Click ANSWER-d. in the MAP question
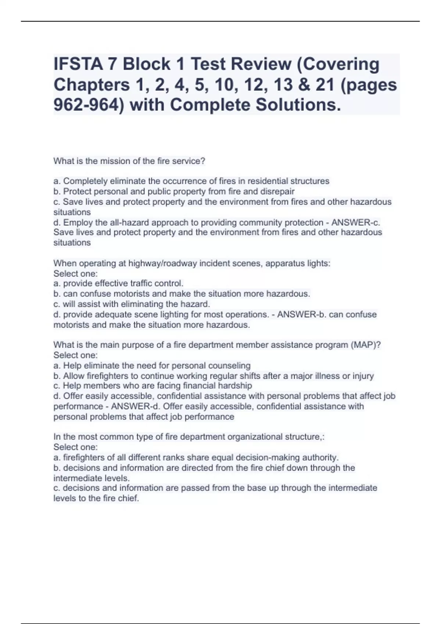pyautogui.click(x=136, y=406)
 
